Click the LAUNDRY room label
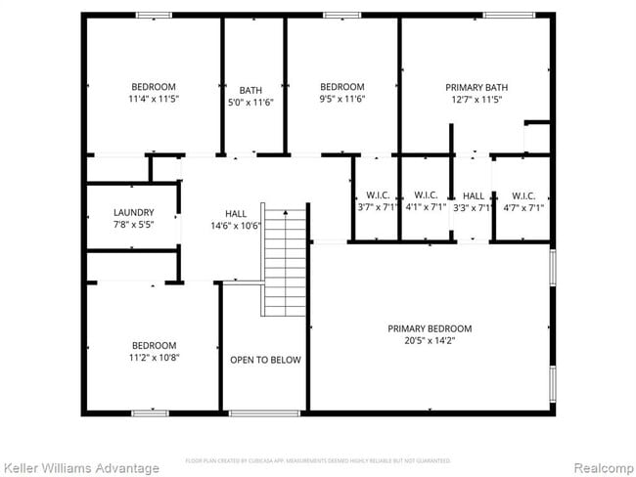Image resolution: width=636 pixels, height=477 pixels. (133, 212)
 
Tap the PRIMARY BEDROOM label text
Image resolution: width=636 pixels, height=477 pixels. (430, 328)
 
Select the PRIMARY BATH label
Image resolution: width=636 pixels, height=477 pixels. (477, 87)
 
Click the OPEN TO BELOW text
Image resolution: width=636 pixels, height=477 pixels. (265, 360)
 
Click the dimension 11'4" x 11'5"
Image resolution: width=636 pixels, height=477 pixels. (155, 99)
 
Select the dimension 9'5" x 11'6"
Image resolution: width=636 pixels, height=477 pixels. (341, 99)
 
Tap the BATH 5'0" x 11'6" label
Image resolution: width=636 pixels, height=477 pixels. (250, 96)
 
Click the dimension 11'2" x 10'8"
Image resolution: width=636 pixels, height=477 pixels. (155, 358)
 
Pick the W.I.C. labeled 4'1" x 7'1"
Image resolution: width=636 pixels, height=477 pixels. (425, 200)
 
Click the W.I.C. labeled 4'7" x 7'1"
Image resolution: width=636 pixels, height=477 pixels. (522, 200)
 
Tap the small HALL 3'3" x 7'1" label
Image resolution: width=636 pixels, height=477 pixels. (474, 200)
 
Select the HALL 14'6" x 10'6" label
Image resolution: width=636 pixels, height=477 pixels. (236, 220)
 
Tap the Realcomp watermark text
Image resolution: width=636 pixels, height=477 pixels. (601, 467)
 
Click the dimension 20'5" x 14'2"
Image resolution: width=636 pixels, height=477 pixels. (430, 341)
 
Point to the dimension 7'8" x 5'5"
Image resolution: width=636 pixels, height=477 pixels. (133, 224)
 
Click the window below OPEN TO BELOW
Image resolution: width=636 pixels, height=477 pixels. (264, 413)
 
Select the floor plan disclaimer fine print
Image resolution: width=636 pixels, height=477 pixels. (317, 459)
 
